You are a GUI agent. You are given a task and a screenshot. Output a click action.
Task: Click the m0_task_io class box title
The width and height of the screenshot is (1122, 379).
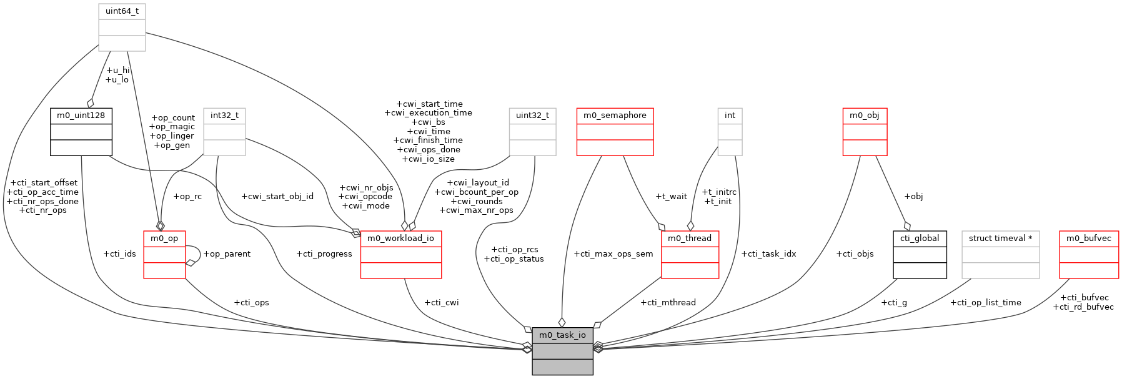pos(562,335)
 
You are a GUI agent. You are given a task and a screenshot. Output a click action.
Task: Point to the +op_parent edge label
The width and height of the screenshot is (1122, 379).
pos(227,254)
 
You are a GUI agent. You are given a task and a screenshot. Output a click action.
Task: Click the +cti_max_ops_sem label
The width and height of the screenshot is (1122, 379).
pos(613,254)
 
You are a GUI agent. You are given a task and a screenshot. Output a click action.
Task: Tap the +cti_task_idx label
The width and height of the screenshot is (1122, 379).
pos(768,254)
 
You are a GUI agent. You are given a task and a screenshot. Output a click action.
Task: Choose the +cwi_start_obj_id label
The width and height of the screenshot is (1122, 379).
pos(277,197)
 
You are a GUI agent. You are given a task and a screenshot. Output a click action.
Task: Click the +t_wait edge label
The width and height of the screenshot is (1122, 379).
pos(671,197)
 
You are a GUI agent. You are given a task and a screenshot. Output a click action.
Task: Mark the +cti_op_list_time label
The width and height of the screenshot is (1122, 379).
pos(986,303)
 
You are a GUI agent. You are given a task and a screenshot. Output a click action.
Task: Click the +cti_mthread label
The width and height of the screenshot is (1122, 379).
pos(668,303)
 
